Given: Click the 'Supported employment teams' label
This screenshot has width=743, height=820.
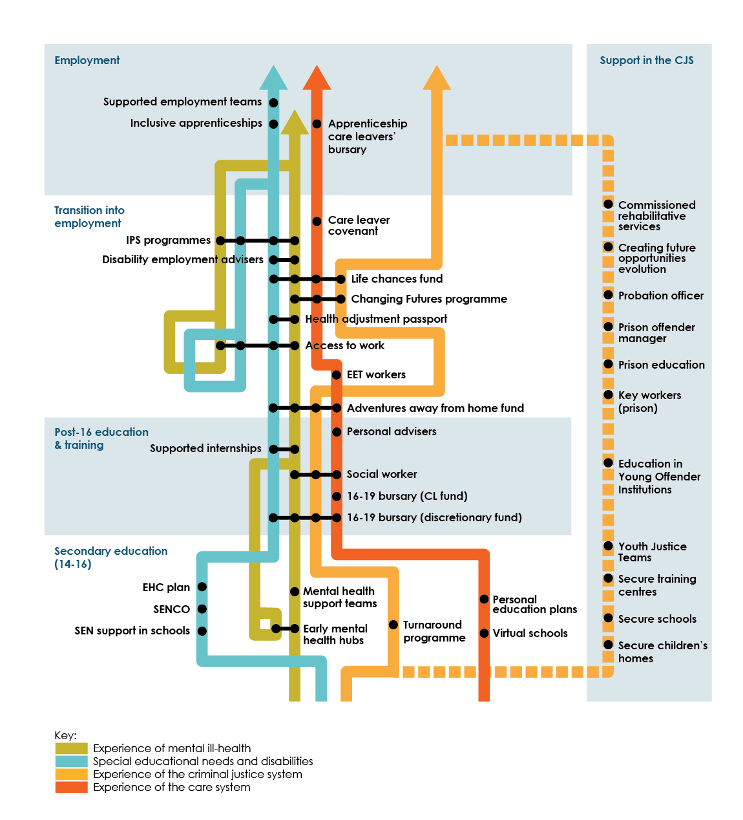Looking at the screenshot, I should tap(182, 102).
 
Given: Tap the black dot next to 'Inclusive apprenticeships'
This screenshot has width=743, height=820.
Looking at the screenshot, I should tap(273, 124).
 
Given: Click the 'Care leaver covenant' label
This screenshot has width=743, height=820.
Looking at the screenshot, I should tap(359, 225).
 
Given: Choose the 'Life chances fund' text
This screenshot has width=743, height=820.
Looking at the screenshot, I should tap(397, 279).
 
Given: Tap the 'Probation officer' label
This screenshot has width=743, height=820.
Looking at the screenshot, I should tap(660, 296).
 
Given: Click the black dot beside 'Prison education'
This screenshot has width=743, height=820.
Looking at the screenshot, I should tap(608, 364).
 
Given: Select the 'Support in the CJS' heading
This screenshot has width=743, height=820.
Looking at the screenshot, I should tap(646, 60).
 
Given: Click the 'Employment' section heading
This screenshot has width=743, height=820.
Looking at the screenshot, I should tap(87, 60).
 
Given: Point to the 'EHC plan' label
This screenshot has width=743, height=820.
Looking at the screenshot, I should tap(166, 587).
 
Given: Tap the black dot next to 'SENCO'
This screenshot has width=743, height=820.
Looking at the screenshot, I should tap(202, 609).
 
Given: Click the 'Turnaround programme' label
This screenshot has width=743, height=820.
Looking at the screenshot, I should tap(434, 631).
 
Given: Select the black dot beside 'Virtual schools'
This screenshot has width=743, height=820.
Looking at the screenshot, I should tap(484, 633).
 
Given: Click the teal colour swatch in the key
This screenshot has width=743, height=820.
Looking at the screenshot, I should tap(71, 761).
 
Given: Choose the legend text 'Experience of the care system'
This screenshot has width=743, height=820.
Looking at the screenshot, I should tap(171, 787).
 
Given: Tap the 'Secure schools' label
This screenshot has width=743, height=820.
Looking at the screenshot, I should tap(657, 619).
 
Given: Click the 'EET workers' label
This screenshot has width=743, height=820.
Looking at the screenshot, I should tap(376, 374).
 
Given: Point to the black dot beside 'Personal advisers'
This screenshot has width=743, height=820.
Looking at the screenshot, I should tap(337, 431).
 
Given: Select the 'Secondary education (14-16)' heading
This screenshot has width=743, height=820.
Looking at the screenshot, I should tap(110, 557).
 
